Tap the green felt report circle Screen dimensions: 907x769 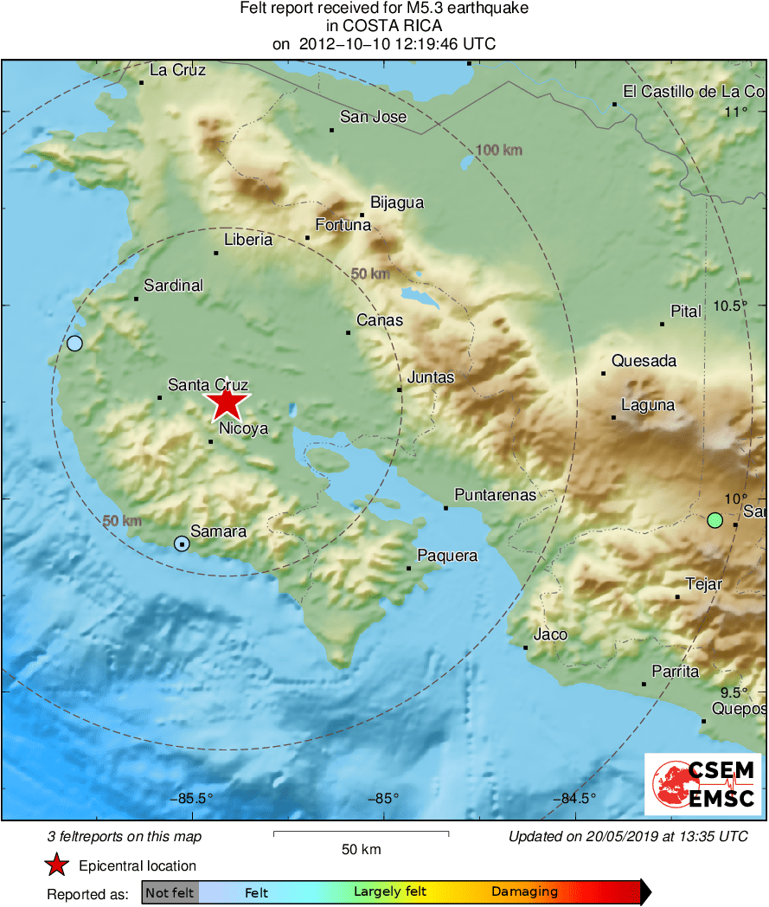715,520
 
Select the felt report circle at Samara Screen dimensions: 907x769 182,544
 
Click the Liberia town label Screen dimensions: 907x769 248,240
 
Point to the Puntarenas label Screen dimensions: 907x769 496,496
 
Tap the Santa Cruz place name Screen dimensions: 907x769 208,385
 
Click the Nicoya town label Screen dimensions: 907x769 244,428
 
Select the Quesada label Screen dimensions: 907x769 644,361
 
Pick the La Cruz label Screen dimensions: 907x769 178,70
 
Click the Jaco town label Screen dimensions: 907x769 550,634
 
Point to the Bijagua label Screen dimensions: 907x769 397,203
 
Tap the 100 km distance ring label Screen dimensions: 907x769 500,151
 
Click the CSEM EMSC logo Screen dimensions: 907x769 702,784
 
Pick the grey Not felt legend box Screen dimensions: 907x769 170,891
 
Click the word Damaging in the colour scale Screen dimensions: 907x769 524,891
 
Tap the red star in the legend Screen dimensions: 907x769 57,865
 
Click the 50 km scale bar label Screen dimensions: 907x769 361,850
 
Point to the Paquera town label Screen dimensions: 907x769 447,556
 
